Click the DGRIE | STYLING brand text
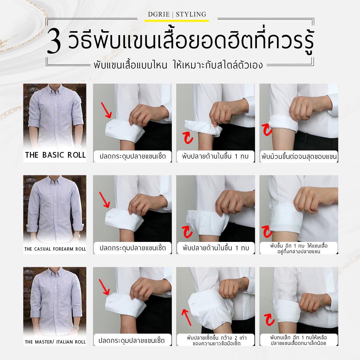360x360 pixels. pos(177,14)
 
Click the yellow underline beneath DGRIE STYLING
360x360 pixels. pos(177,21)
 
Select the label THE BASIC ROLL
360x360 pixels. pos(55,155)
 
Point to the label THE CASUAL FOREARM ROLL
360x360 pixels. pos(55,249)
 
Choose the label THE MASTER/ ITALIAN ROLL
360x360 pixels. pos(55,342)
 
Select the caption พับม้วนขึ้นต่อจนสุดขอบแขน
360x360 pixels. pos(299,156)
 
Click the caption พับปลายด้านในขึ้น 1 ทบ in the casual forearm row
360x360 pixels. pos(216,248)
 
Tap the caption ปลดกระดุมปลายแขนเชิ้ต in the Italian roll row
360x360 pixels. pos(132,341)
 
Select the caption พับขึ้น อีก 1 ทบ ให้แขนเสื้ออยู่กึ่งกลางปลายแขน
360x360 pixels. pos(299,248)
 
